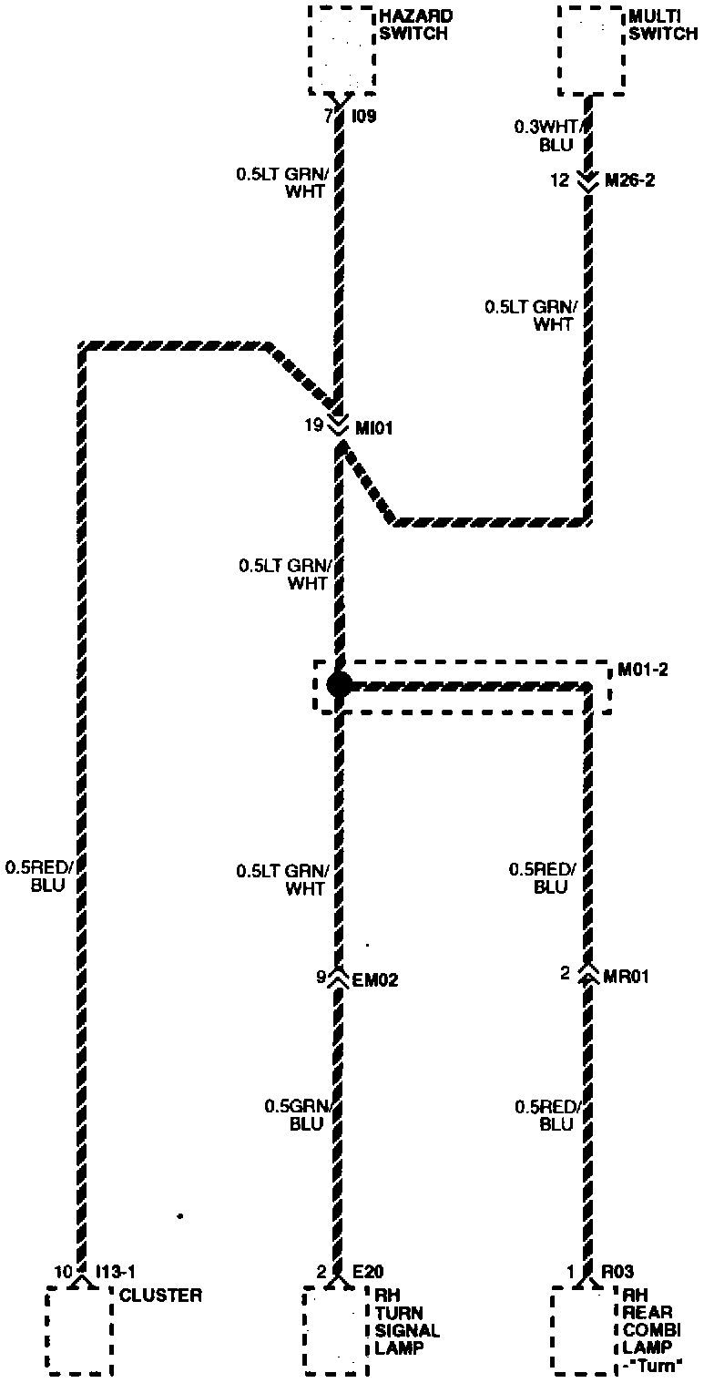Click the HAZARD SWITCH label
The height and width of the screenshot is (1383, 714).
click(415, 25)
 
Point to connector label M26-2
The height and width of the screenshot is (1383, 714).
click(630, 180)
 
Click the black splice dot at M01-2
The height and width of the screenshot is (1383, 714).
click(339, 684)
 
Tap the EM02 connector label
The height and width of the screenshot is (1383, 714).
click(375, 980)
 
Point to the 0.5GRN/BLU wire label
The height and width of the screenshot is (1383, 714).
click(295, 1115)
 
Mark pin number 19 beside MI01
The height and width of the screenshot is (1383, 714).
click(313, 424)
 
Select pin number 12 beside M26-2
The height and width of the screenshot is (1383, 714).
click(560, 180)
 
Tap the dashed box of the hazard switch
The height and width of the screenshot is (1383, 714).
click(342, 50)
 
